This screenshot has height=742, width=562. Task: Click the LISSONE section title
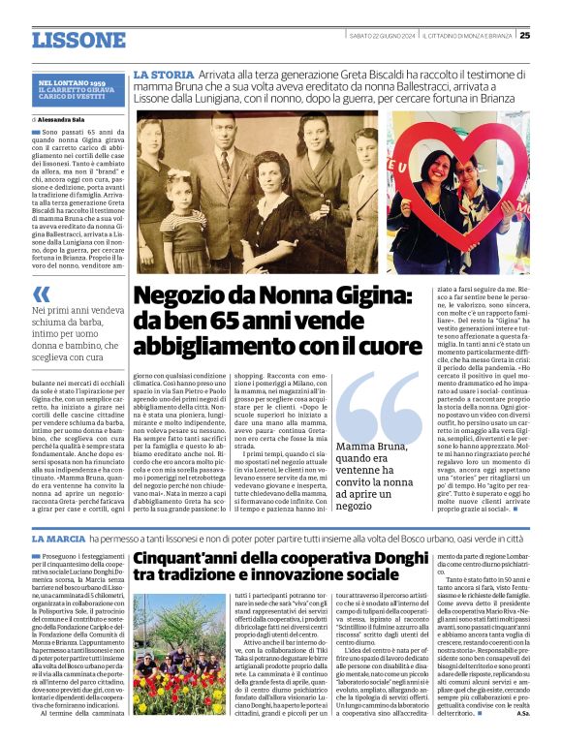(x=78, y=40)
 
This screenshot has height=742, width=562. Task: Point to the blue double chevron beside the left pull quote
(x=42, y=293)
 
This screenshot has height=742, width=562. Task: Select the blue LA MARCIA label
(x=60, y=538)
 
